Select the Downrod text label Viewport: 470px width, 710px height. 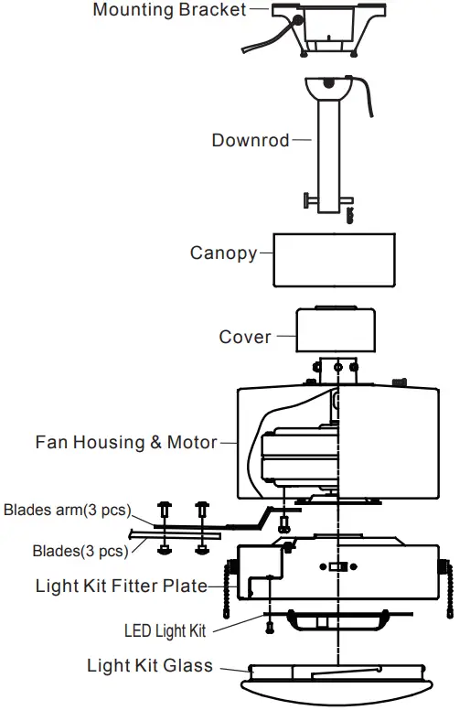pos(250,141)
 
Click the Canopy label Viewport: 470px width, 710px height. pos(223,253)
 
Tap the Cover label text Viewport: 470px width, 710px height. pos(245,338)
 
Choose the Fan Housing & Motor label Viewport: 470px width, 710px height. pos(126,443)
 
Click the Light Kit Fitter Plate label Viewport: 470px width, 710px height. pos(121,586)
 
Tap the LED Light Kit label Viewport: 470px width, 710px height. pos(166,630)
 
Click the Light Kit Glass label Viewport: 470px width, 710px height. pos(150,665)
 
